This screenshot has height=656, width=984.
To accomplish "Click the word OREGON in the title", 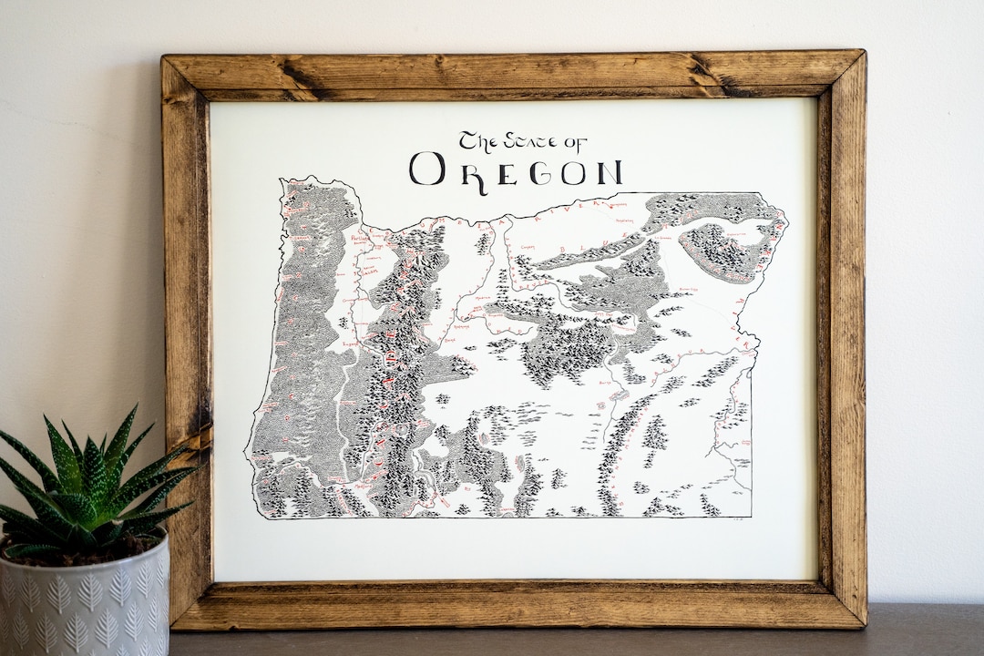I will click(516, 169).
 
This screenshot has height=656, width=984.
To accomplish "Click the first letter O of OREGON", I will click(427, 169).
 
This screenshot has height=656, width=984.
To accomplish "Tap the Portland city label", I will click(363, 238).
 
